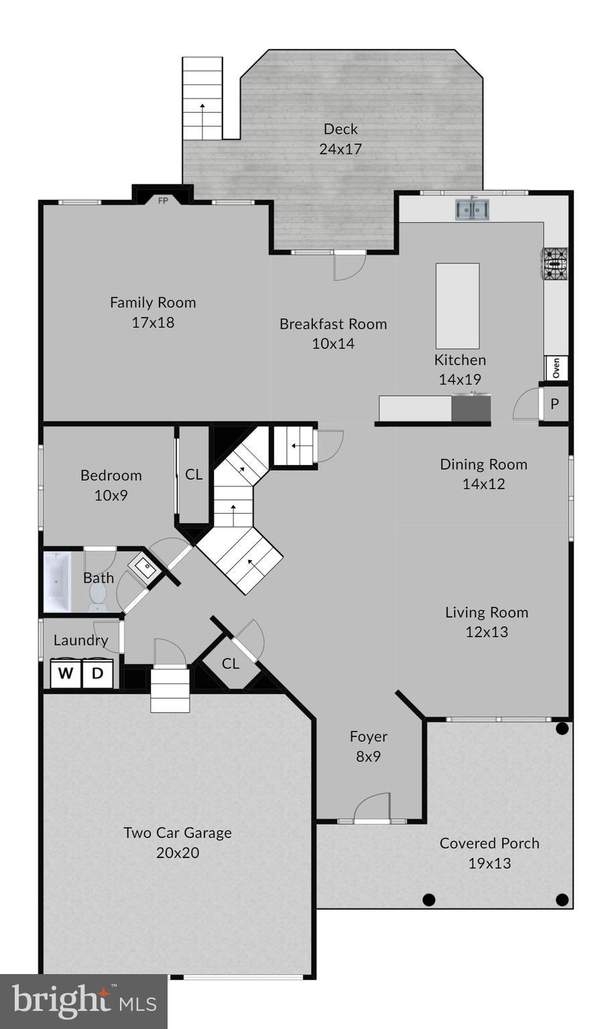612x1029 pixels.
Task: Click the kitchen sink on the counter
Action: tap(473, 209)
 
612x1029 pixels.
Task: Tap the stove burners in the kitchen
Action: tap(555, 263)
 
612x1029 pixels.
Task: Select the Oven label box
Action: tap(556, 368)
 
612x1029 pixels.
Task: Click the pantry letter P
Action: tap(554, 404)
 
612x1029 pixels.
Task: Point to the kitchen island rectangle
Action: tap(458, 305)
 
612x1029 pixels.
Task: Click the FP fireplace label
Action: tap(163, 200)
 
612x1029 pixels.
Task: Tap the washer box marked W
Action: tap(66, 673)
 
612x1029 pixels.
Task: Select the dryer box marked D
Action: tap(98, 673)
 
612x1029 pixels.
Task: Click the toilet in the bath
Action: tap(98, 596)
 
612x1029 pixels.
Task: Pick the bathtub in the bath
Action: tap(57, 581)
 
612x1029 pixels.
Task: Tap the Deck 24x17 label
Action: tap(341, 139)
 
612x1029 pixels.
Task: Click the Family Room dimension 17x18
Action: tap(153, 322)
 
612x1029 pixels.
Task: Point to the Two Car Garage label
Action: tap(178, 833)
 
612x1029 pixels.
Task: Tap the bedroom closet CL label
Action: tap(194, 474)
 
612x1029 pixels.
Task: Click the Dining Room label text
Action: tap(483, 464)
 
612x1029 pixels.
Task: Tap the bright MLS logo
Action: tap(84, 1002)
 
